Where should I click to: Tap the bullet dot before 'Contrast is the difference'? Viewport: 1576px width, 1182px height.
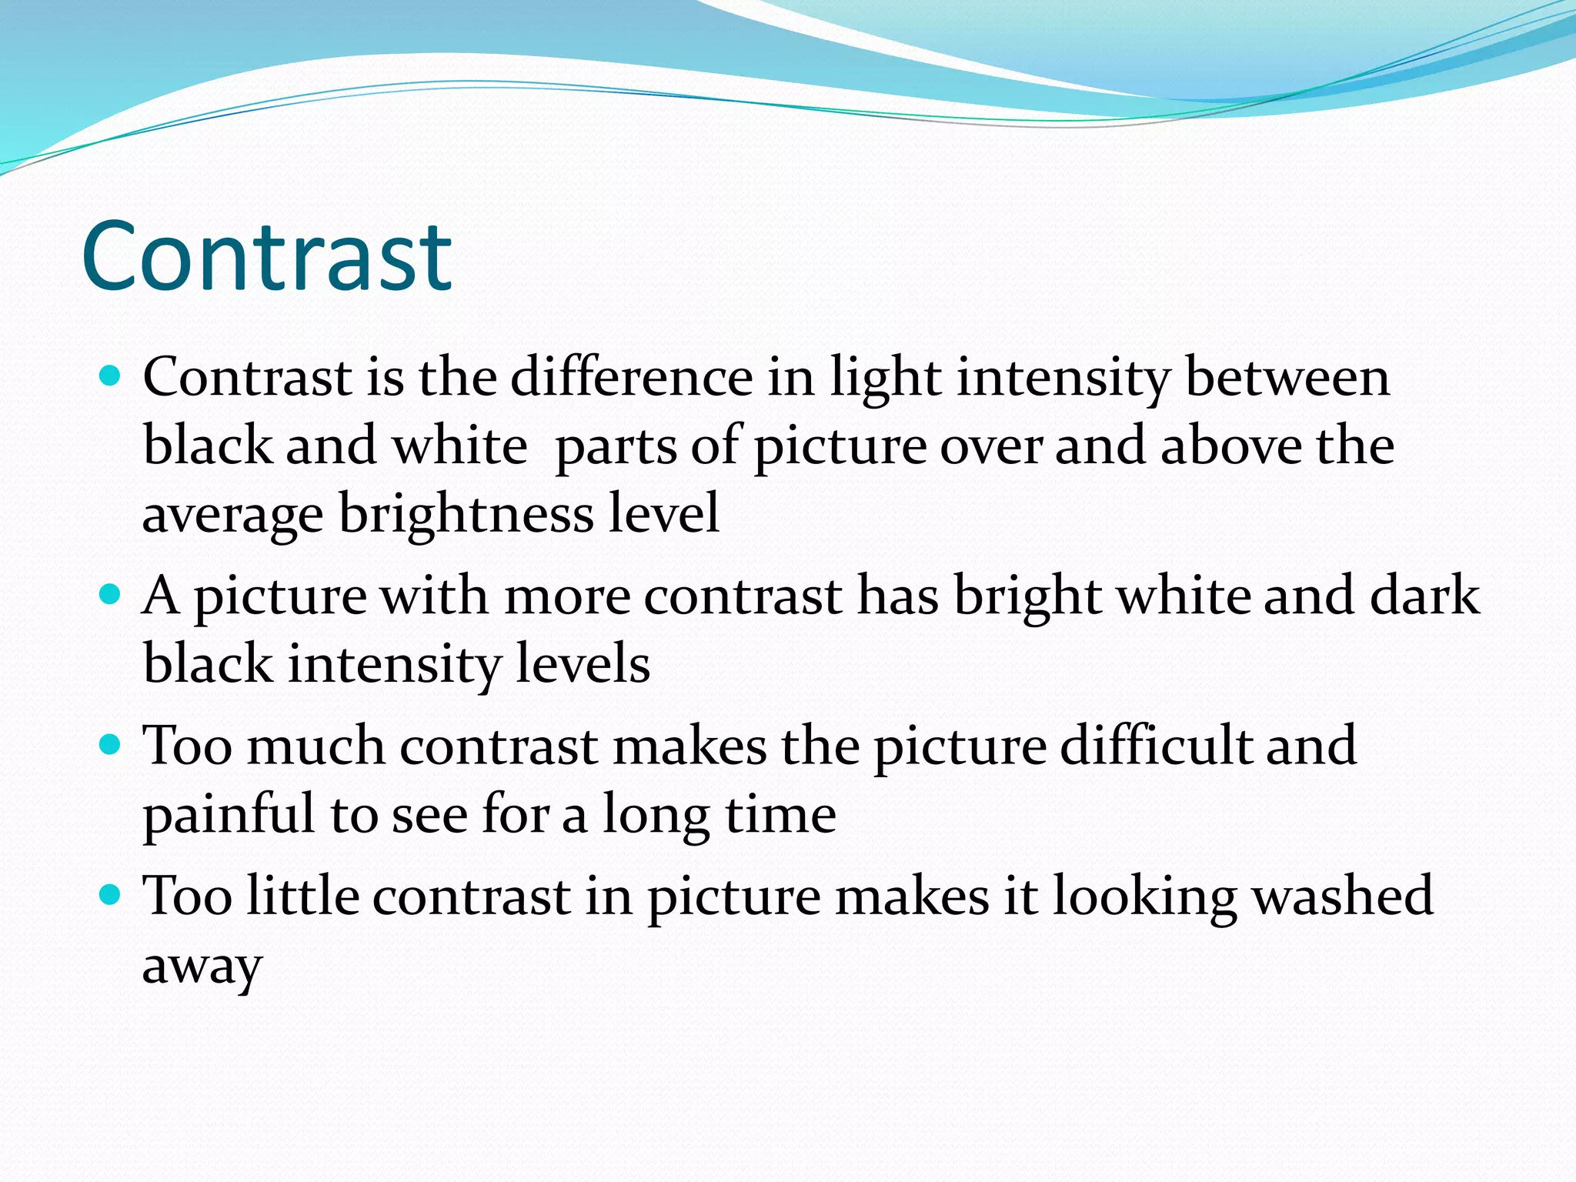click(x=112, y=376)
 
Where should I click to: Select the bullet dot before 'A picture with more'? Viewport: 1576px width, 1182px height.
click(x=112, y=594)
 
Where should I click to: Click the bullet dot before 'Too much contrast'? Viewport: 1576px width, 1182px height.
click(x=112, y=744)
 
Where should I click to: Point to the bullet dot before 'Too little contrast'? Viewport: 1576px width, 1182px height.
click(x=112, y=894)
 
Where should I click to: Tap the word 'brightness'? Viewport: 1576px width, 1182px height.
click(x=466, y=513)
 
